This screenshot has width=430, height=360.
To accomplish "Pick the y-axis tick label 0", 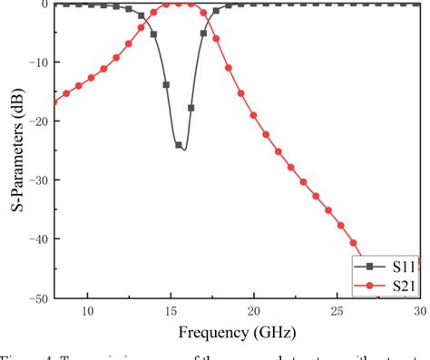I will pyautogui.click(x=44, y=5).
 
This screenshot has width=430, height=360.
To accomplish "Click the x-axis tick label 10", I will pyautogui.click(x=88, y=311).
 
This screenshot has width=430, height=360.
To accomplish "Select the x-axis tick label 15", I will pyautogui.click(x=171, y=311).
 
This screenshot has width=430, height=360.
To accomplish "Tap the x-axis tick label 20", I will pyautogui.click(x=254, y=311).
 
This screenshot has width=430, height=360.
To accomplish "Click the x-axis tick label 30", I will pyautogui.click(x=418, y=311).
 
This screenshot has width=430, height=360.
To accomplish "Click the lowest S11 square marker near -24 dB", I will pyautogui.click(x=179, y=145).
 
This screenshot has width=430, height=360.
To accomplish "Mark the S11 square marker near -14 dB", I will pyautogui.click(x=166, y=84).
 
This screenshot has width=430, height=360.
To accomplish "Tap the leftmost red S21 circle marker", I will pyautogui.click(x=54, y=101).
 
